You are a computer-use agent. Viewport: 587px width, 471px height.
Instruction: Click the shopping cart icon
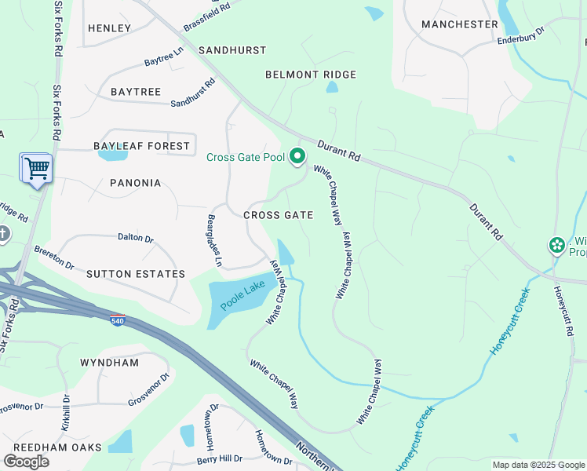click(x=36, y=168)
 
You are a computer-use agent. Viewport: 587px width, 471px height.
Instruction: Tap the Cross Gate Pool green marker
click(x=297, y=157)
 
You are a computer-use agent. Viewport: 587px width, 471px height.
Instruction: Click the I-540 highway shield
click(x=117, y=322)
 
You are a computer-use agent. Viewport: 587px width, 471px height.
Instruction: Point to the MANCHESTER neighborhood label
click(x=459, y=24)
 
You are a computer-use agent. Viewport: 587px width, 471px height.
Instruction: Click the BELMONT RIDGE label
click(x=311, y=75)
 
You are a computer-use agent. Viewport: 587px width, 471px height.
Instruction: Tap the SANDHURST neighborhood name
click(x=232, y=49)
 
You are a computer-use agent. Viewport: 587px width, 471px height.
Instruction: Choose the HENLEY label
click(x=110, y=28)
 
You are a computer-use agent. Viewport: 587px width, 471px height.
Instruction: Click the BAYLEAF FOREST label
click(x=141, y=146)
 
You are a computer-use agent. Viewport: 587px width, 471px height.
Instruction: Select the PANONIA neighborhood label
click(x=135, y=183)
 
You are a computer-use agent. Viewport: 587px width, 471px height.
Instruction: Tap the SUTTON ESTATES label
click(x=136, y=274)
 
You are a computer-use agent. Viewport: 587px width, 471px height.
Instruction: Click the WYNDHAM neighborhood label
click(x=109, y=363)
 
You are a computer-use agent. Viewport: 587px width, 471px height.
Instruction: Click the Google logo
click(x=26, y=461)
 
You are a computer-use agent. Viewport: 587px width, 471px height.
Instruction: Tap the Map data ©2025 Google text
click(x=538, y=465)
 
